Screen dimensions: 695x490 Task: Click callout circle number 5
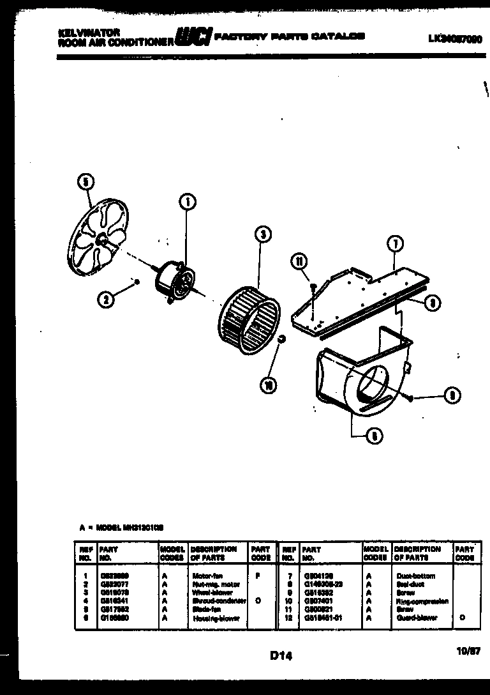[83, 181]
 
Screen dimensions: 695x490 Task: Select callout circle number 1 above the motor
[187, 202]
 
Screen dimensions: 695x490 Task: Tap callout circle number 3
[261, 234]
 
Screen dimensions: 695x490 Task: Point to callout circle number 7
[394, 243]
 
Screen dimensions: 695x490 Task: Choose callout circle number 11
[297, 259]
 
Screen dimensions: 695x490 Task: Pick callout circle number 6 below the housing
[373, 436]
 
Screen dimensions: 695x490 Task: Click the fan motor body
[176, 281]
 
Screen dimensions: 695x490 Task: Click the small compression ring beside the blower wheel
[280, 338]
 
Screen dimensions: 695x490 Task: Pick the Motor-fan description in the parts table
[207, 576]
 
